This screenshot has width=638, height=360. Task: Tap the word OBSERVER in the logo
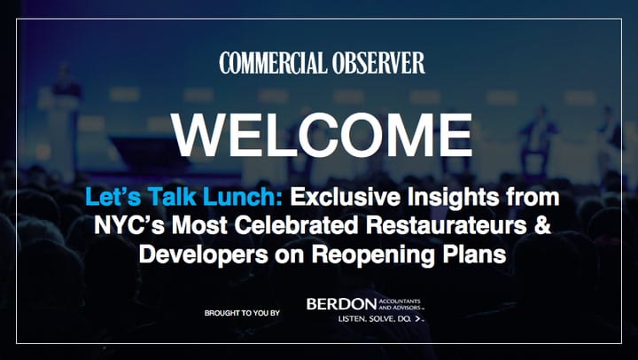point(379,63)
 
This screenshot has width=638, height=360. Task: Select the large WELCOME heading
point(322,135)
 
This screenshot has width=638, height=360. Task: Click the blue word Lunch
point(243,197)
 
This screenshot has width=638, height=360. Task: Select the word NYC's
point(129,226)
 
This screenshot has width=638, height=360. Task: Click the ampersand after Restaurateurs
point(543,226)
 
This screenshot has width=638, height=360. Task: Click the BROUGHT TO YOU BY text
point(242,313)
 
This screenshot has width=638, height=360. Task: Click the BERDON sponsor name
point(342,304)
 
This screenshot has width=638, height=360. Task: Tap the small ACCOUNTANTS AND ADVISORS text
point(399,304)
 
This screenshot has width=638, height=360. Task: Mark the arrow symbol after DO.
point(417,319)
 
